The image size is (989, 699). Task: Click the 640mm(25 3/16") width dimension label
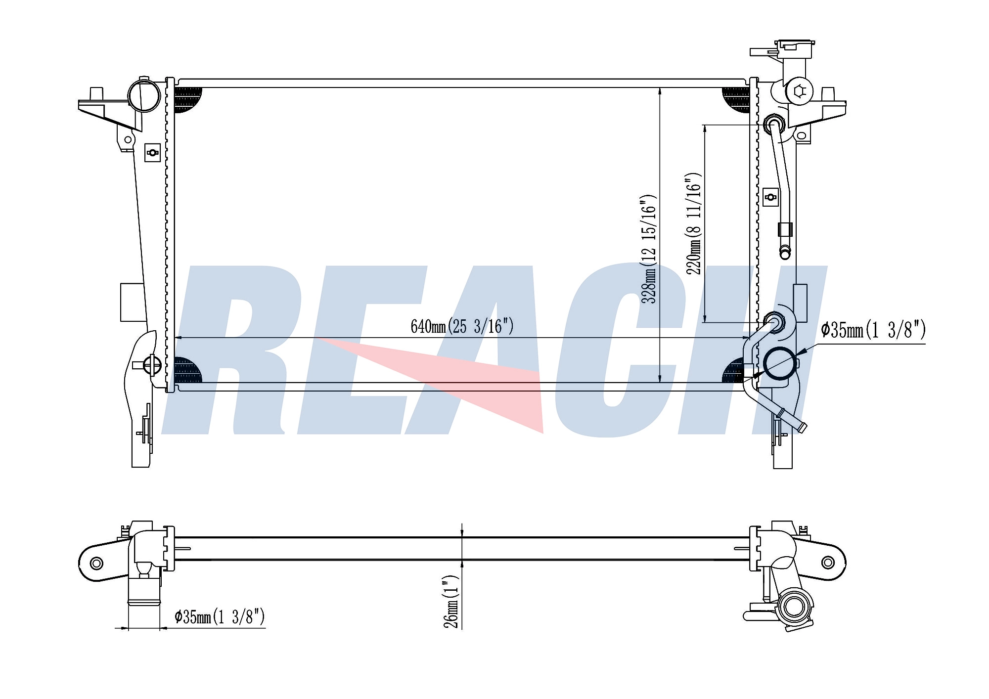point(462,326)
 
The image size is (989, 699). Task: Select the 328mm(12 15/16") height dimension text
point(648,249)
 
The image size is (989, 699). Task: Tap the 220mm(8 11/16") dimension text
point(693,223)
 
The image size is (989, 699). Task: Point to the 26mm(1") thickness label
point(451,601)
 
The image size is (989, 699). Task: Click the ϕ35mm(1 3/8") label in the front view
point(873,330)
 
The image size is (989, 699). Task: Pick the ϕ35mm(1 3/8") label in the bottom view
point(220,616)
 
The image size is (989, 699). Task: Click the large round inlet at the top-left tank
point(144,96)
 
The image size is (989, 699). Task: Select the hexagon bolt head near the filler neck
point(800,91)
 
